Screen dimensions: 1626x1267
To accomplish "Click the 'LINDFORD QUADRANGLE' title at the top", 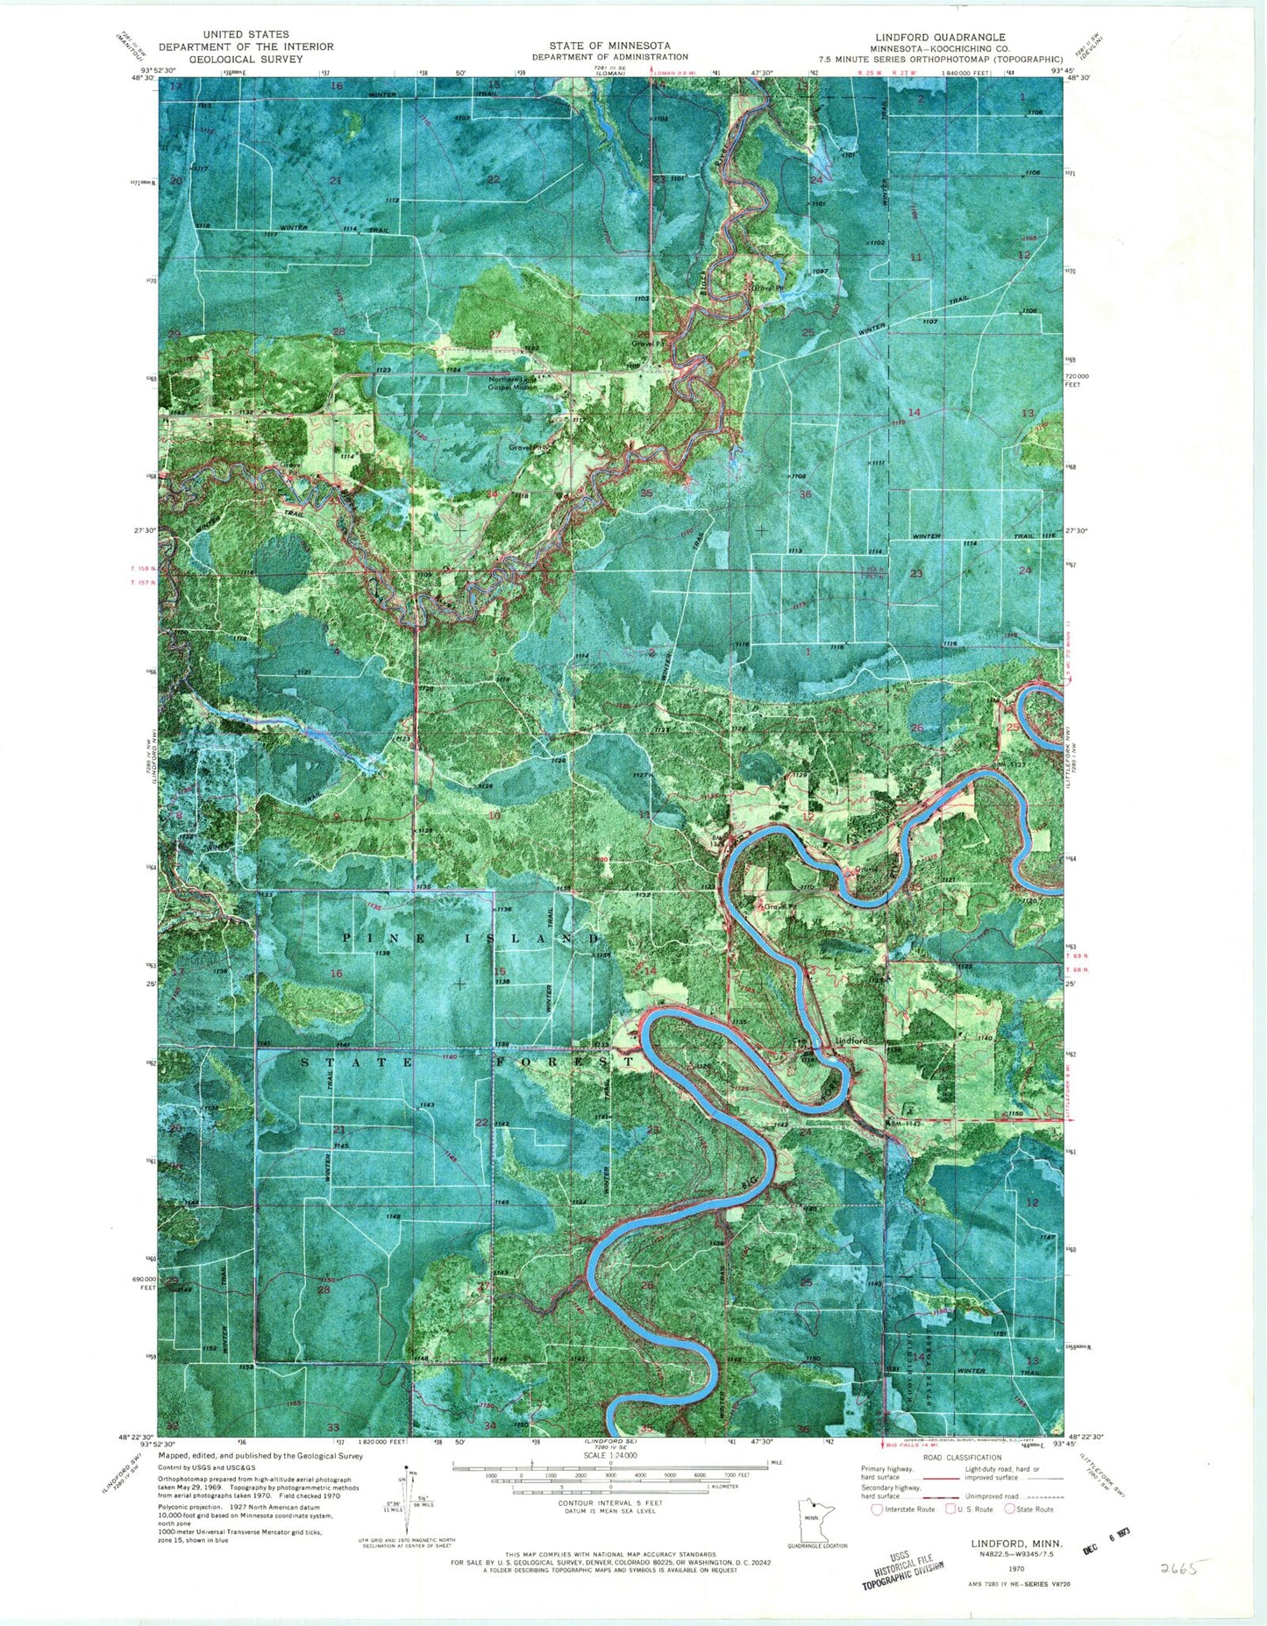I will (937, 38).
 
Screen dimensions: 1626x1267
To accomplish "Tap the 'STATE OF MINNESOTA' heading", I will (609, 46).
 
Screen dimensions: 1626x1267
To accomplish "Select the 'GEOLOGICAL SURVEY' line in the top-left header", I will (246, 59).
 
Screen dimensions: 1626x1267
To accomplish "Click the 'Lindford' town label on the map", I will (851, 1040).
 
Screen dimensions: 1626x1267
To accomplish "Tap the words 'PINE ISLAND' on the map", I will (471, 939).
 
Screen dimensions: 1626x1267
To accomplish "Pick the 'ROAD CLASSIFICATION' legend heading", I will (960, 1457).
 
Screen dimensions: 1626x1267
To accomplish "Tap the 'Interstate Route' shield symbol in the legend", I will (877, 1509).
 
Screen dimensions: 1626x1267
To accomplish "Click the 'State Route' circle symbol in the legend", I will (1010, 1509).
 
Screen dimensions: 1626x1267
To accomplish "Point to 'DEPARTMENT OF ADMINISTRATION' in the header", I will (609, 57).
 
